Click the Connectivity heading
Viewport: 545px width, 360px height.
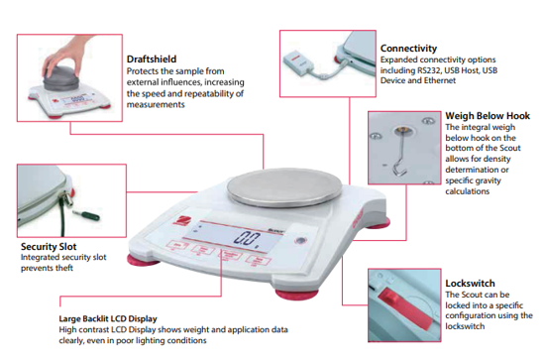click(x=408, y=47)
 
